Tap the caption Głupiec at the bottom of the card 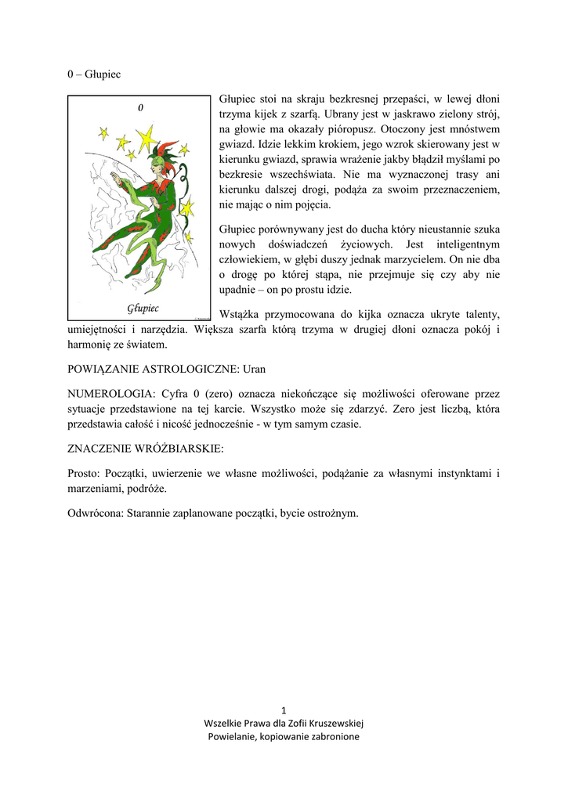pos(143,307)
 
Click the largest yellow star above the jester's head pos(145,139)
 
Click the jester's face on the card pos(160,164)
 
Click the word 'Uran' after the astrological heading pos(256,368)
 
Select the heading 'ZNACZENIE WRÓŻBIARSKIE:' pos(146,449)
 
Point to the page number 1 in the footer pos(284,710)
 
